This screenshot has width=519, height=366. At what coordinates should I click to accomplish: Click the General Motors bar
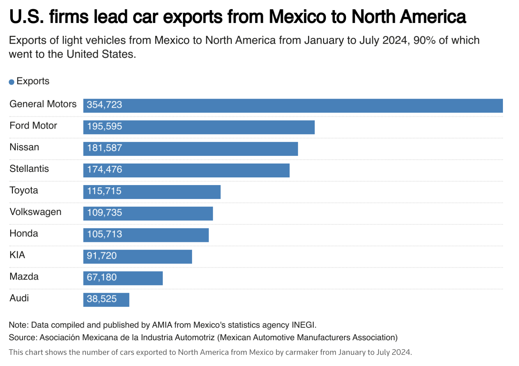point(293,106)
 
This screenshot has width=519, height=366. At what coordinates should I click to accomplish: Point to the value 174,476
point(104,170)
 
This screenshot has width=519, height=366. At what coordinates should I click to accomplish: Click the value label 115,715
point(104,191)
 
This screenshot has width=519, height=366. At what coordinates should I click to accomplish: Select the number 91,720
point(102,256)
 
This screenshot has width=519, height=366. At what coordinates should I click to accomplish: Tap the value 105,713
point(104,234)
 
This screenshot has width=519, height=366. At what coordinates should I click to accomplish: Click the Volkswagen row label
point(35,212)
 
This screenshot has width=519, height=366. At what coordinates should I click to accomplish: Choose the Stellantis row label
point(29,169)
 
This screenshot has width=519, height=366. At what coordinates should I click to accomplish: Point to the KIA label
point(17,255)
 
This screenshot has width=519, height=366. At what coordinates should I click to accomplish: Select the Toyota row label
point(24,190)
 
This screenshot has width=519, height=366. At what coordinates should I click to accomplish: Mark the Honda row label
point(24,234)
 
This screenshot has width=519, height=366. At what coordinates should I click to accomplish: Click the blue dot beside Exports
point(12,82)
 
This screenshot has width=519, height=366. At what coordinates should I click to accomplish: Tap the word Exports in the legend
point(33,81)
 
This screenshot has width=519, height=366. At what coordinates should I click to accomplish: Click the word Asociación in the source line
point(60,337)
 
